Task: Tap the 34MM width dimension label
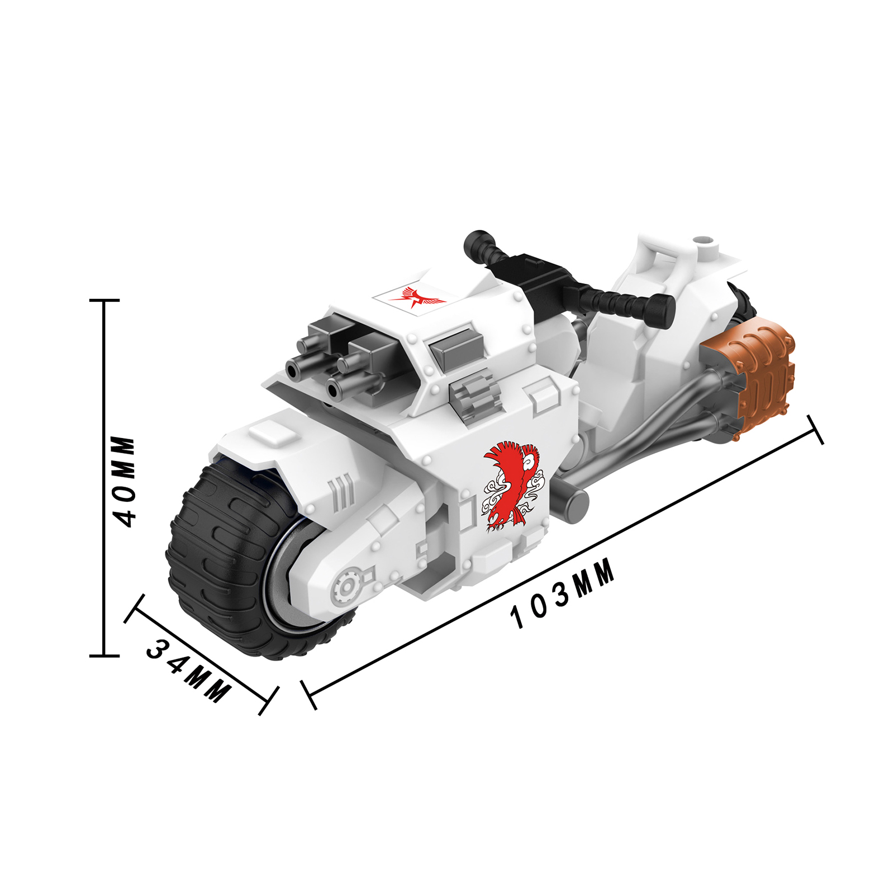pos(188,670)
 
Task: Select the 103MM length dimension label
pos(563,593)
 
